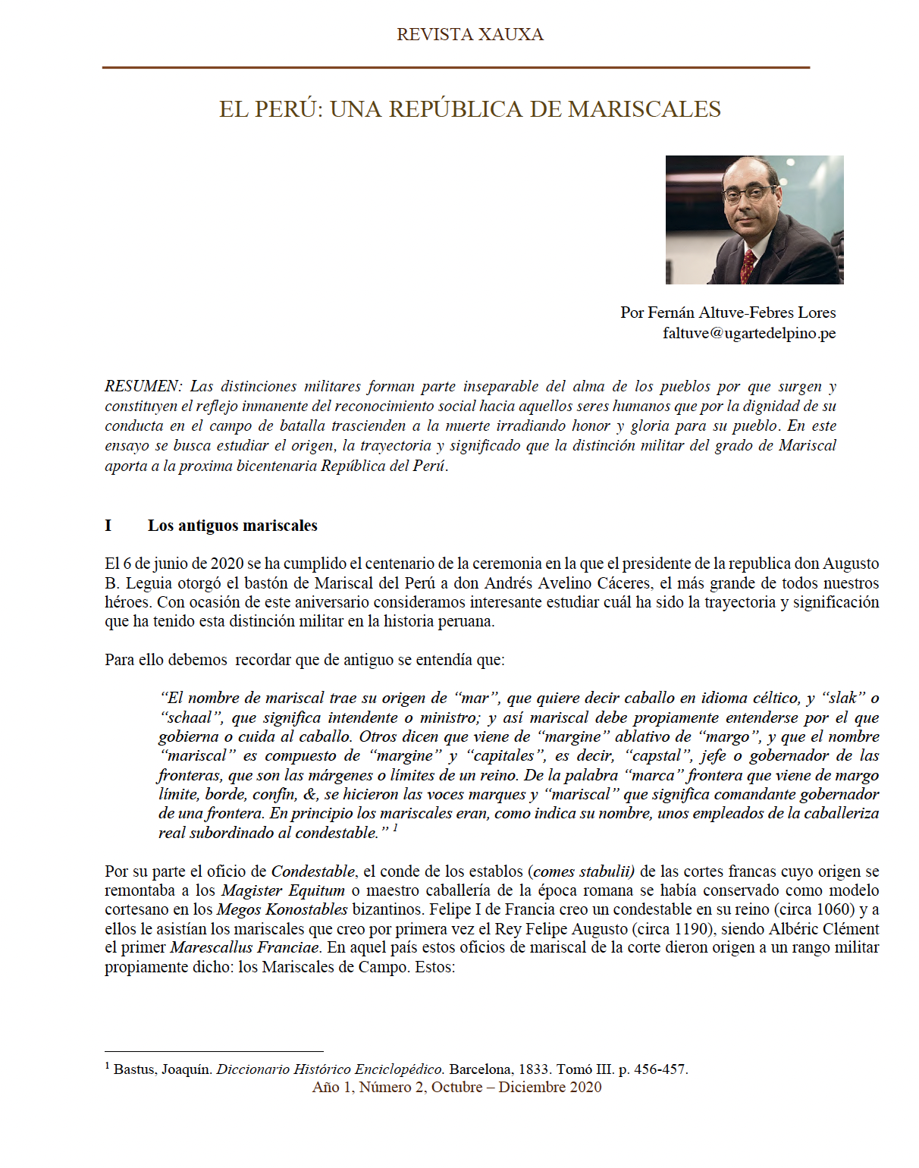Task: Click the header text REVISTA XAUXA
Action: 469,35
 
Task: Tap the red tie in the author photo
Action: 748,265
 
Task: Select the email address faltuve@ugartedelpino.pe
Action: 748,333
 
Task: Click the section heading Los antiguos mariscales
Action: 232,526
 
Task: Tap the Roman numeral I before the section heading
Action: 108,526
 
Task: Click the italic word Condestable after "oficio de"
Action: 313,871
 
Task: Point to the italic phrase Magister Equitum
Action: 283,890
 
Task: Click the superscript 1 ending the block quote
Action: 395,828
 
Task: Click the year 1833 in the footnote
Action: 534,1069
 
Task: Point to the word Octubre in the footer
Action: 456,1088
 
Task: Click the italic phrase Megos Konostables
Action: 282,909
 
